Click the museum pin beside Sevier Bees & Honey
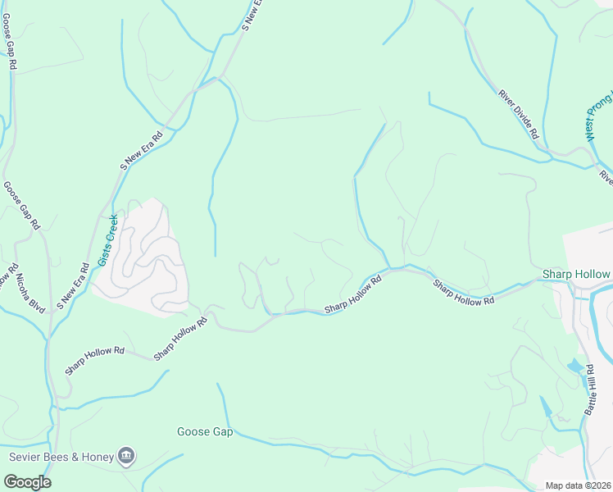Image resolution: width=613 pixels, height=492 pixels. click(x=125, y=455)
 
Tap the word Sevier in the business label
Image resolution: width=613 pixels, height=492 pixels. click(x=25, y=456)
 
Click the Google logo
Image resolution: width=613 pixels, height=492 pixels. click(x=27, y=481)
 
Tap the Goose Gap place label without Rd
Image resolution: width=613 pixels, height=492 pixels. click(x=205, y=431)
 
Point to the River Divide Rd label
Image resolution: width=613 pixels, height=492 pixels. click(x=518, y=114)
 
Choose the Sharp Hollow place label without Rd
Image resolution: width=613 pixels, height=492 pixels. click(x=576, y=274)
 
